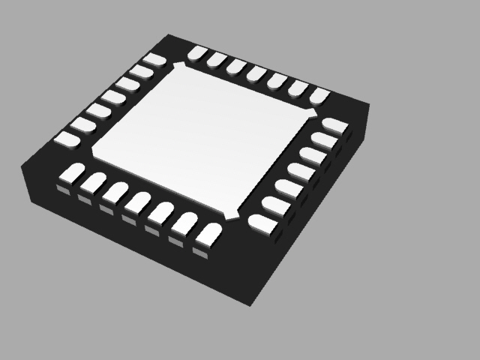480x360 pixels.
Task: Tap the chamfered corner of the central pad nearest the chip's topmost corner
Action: [x=178, y=67]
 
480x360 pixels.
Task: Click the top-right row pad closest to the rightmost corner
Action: [x=320, y=95]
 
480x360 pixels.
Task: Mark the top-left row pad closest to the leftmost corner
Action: [x=67, y=138]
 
